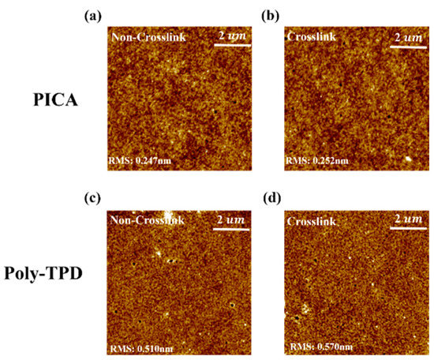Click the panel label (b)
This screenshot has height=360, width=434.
(x=290, y=15)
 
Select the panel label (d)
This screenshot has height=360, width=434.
(x=290, y=196)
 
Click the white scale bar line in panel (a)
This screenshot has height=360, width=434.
(x=231, y=45)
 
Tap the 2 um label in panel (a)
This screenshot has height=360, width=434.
(x=232, y=36)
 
